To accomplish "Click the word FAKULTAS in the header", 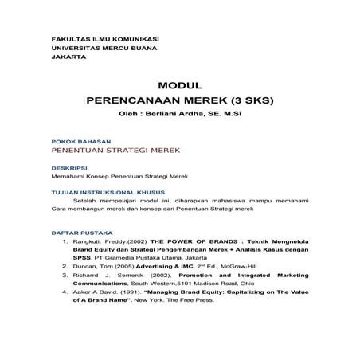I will point(67,38).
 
